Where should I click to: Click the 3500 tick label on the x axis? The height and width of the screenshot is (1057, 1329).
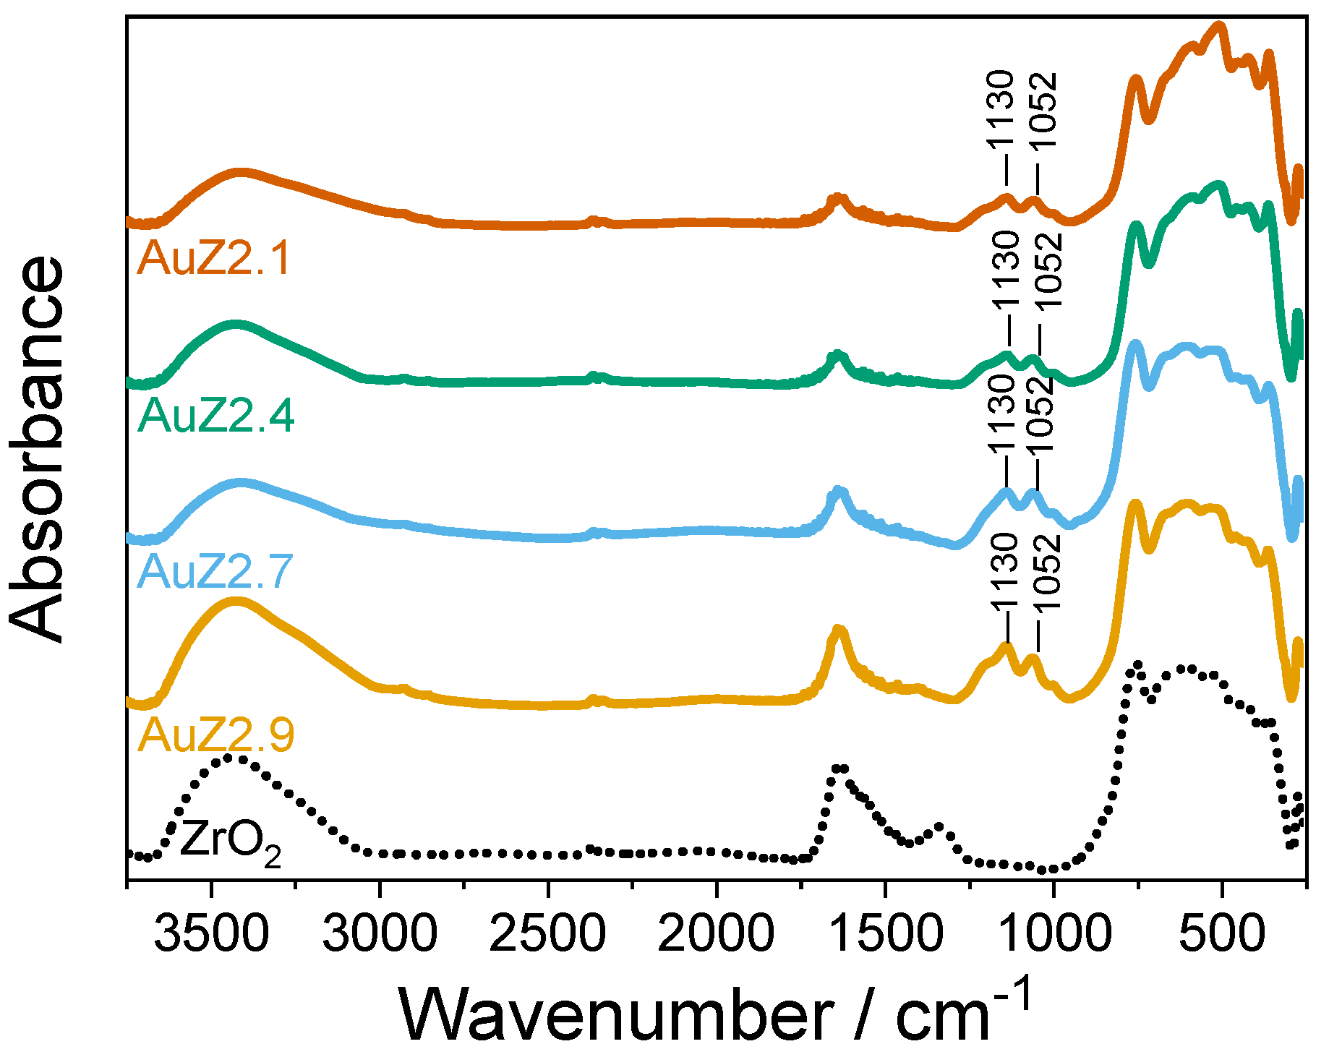pos(211,933)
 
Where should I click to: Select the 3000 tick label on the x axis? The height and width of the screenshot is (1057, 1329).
pos(380,933)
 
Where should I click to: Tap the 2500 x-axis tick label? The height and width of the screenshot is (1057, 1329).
pos(548,933)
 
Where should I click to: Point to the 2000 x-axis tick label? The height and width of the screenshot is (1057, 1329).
pos(717,933)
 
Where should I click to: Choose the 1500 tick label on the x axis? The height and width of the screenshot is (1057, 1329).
pos(885,933)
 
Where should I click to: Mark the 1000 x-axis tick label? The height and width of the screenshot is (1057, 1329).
pos(1054,933)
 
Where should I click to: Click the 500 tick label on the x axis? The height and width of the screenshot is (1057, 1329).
pos(1222,933)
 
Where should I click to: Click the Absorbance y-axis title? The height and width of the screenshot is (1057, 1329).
pos(38,448)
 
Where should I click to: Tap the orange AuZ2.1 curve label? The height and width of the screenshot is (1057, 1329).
pos(214,257)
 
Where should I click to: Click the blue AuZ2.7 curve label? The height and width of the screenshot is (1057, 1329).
pos(215,571)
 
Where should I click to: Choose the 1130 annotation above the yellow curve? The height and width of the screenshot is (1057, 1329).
pos(1004,572)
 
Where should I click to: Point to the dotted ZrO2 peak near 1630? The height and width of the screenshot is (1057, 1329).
pos(839,768)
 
